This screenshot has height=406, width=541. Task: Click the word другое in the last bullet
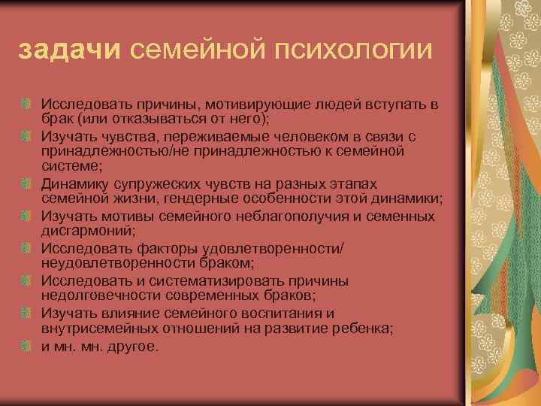pyautogui.click(x=134, y=347)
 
